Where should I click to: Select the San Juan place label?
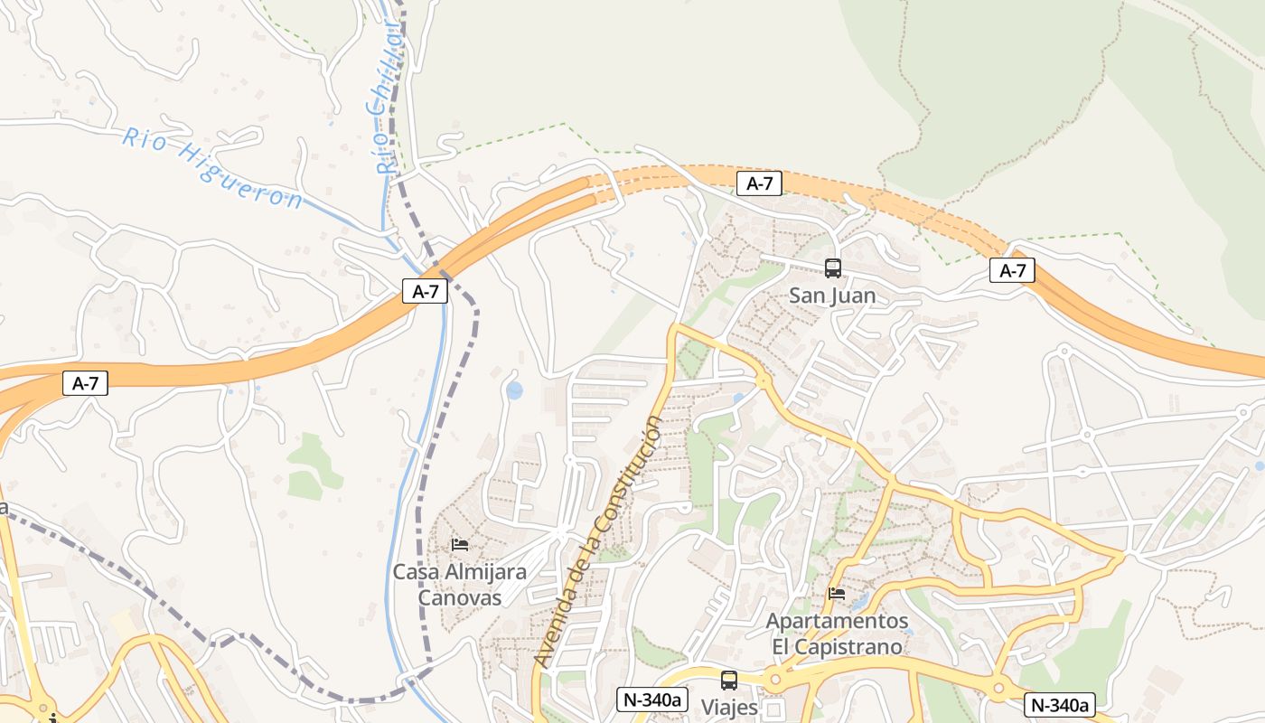[x=832, y=296]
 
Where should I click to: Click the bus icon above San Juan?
[x=832, y=268]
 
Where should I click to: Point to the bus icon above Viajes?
[x=728, y=681]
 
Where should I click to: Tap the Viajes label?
[x=729, y=707]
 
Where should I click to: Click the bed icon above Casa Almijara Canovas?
[x=460, y=544]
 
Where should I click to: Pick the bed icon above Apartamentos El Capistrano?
[x=837, y=594]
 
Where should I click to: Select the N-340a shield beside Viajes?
[x=653, y=699]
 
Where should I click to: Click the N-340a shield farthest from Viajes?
[x=1060, y=705]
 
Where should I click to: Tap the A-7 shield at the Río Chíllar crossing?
[x=425, y=291]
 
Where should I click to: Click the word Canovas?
[x=459, y=597]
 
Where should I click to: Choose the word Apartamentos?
[x=837, y=622]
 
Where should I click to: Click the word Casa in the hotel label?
[x=414, y=572]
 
